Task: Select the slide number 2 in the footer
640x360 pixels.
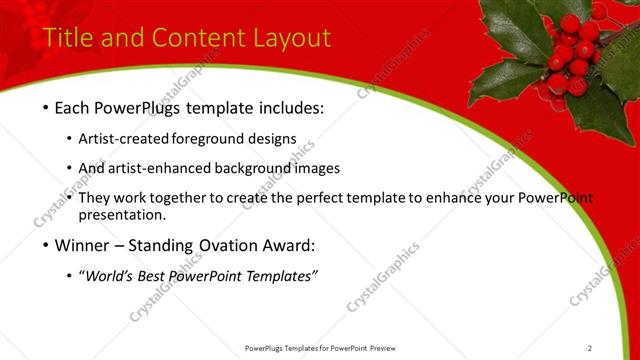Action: tap(589, 348)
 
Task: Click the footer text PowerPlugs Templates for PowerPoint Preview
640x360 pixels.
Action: tap(319, 348)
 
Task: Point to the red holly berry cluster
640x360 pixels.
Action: tap(573, 55)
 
